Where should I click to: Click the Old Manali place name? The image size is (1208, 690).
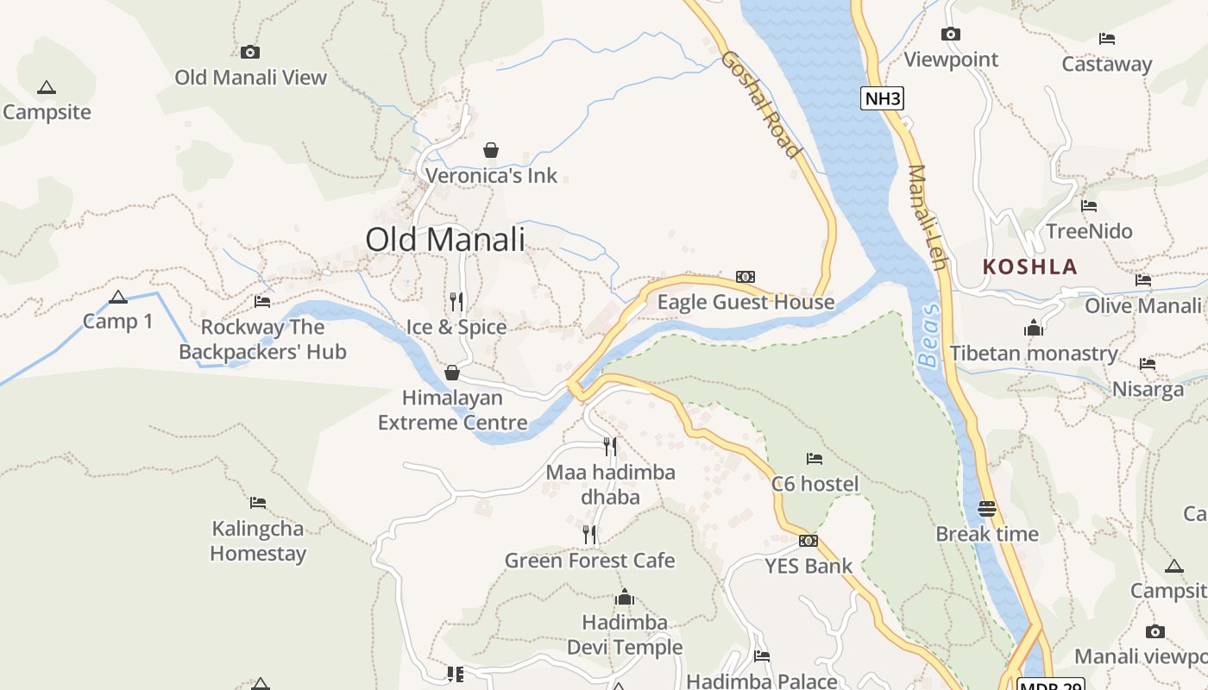point(445,239)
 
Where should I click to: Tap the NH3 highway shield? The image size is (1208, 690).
point(882,98)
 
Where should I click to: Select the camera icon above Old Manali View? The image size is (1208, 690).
point(250,52)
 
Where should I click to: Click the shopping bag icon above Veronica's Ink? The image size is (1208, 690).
point(490,151)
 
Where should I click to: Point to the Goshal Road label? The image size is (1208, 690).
point(760,104)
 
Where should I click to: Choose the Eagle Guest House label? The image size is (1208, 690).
point(746,302)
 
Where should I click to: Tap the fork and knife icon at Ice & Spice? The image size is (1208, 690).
point(456,302)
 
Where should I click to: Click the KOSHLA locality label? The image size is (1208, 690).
point(1030,267)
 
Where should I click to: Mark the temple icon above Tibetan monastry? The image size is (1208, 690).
point(1033,328)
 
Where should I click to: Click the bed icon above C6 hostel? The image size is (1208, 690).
point(814,458)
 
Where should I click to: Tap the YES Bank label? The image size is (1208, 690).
point(808,567)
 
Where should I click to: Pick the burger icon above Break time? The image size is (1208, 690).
point(987,509)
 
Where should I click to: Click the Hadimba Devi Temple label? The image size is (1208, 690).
point(625,635)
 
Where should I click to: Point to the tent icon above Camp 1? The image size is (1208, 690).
point(118,298)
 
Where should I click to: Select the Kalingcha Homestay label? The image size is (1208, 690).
point(258,541)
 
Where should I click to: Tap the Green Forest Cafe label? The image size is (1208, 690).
point(589,561)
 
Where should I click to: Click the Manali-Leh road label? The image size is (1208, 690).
point(927,216)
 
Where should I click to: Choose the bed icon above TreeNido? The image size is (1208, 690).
point(1089,206)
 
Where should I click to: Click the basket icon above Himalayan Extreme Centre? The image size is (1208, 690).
point(451,373)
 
